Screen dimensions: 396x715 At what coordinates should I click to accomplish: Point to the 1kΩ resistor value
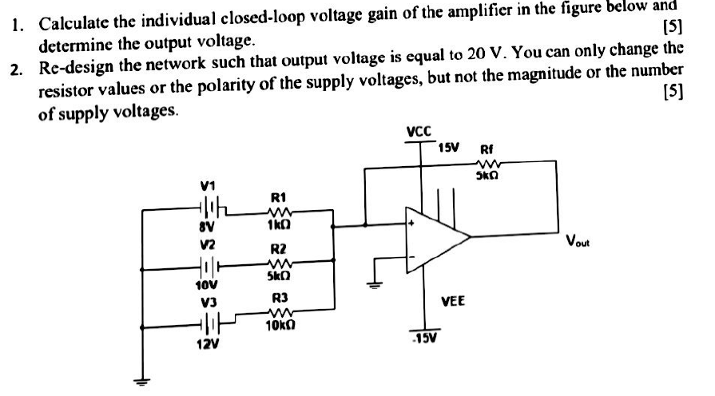[279, 226]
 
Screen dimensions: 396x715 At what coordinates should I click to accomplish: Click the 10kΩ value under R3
[281, 325]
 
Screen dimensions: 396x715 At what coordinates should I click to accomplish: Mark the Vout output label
[577, 240]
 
